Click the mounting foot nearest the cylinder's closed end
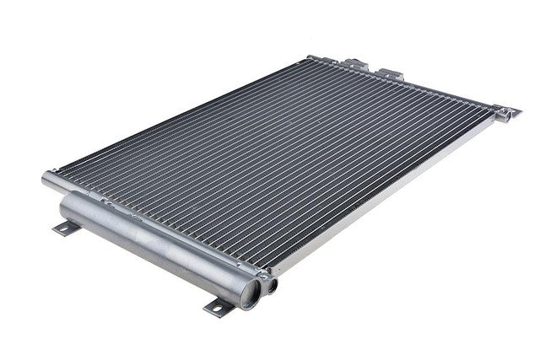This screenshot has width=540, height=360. (x=66, y=227)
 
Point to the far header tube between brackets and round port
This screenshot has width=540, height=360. (x=447, y=93)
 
